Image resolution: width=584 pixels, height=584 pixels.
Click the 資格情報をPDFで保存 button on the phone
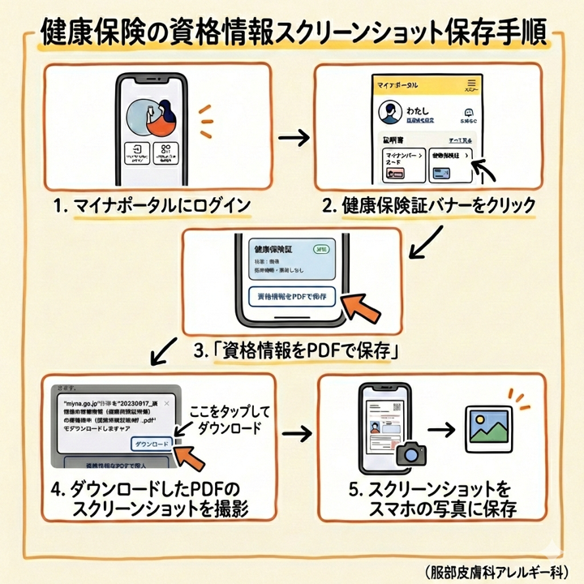click(x=290, y=297)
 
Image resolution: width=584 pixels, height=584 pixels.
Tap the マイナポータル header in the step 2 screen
click(x=399, y=84)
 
